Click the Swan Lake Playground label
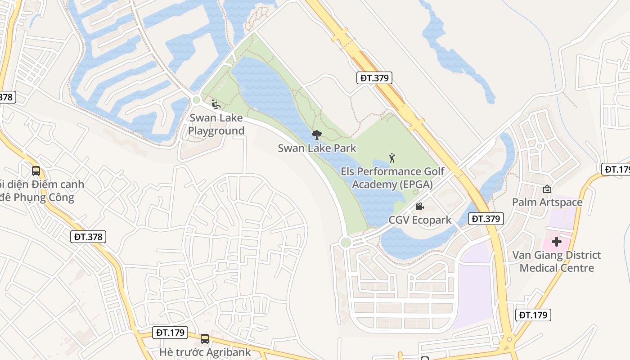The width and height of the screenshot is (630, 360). (216, 124)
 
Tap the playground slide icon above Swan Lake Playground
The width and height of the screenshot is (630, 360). (216, 104)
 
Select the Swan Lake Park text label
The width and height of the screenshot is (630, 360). (317, 148)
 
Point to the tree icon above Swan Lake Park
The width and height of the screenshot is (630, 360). (317, 135)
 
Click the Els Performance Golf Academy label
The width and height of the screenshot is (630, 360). (392, 178)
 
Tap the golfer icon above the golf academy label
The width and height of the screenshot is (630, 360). (392, 158)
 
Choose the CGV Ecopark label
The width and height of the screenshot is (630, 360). (420, 220)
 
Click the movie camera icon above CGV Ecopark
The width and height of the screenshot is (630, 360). (419, 207)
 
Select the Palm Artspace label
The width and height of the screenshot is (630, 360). (547, 202)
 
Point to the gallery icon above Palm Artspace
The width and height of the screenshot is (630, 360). (547, 189)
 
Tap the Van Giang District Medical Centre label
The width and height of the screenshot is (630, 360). (557, 261)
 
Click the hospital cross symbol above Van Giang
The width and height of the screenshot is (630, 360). (557, 242)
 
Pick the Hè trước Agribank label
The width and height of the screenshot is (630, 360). (205, 352)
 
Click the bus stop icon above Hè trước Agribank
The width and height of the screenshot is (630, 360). (205, 338)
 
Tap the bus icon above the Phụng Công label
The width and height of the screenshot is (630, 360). (36, 171)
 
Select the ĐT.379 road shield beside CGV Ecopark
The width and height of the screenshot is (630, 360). (486, 219)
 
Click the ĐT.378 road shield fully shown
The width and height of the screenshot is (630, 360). (88, 237)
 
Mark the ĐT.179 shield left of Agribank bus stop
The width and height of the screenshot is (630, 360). (170, 333)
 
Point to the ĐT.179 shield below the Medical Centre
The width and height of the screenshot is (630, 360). (533, 315)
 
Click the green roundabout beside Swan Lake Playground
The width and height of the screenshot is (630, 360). (196, 100)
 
